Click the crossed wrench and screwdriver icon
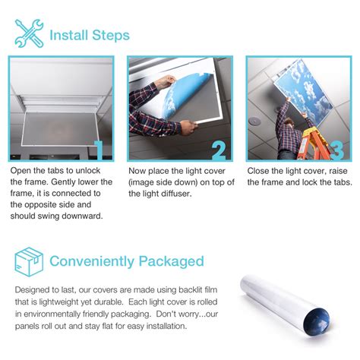[29, 33]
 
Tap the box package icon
[29, 262]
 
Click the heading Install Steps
[90, 35]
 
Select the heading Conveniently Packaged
[127, 261]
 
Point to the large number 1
[99, 150]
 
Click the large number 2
[219, 150]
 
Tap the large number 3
[337, 150]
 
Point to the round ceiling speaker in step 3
[254, 121]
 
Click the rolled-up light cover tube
[285, 306]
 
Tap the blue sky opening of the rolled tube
[317, 323]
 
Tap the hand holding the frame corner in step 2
[188, 127]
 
